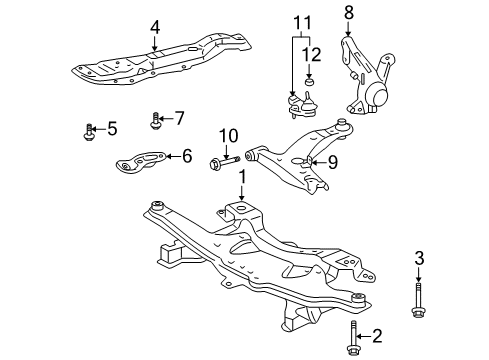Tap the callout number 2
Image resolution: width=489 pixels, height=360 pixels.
[377, 335]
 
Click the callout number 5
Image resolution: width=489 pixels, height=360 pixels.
[112, 128]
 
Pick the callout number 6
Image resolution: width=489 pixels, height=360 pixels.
[186, 155]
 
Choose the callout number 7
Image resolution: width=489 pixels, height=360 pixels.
[180, 118]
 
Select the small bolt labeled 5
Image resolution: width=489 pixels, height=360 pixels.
[91, 129]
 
